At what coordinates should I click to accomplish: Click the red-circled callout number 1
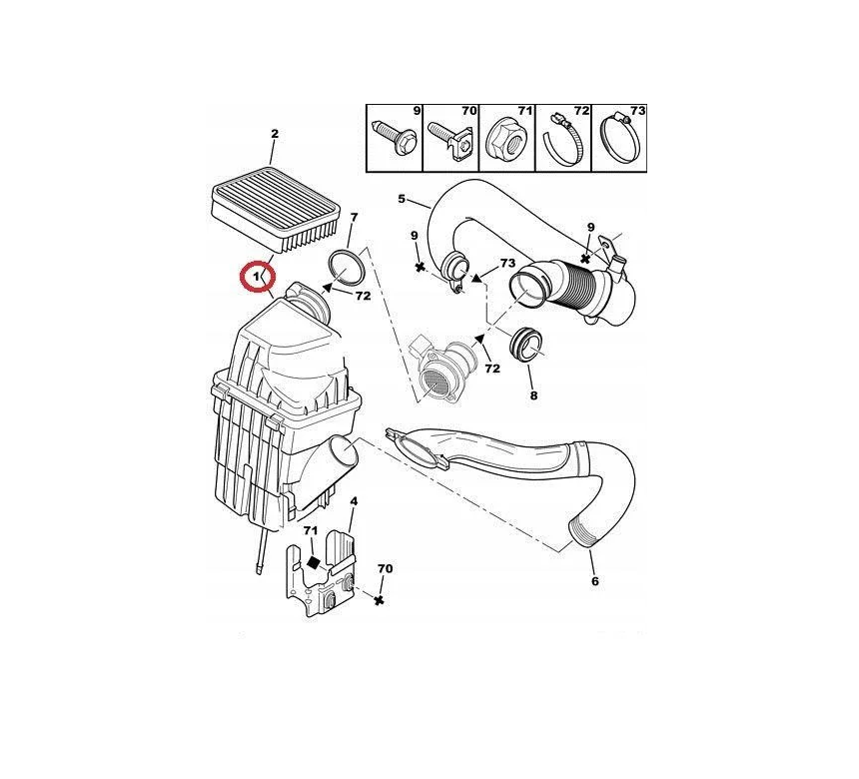pos(256,278)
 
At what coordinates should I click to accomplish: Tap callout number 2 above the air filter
pos(275,133)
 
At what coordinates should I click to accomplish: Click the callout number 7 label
pos(354,217)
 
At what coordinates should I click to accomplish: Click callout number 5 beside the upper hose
pos(402,199)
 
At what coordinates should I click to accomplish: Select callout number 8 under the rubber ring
pos(533,394)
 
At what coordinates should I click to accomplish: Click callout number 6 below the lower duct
pos(595,581)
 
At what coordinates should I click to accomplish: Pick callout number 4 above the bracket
pos(354,500)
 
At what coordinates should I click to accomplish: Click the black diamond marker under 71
pos(313,562)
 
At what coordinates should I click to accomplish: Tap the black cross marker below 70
pos(378,601)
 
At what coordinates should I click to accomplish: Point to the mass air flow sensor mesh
pos(435,382)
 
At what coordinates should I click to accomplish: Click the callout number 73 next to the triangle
pos(507,263)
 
